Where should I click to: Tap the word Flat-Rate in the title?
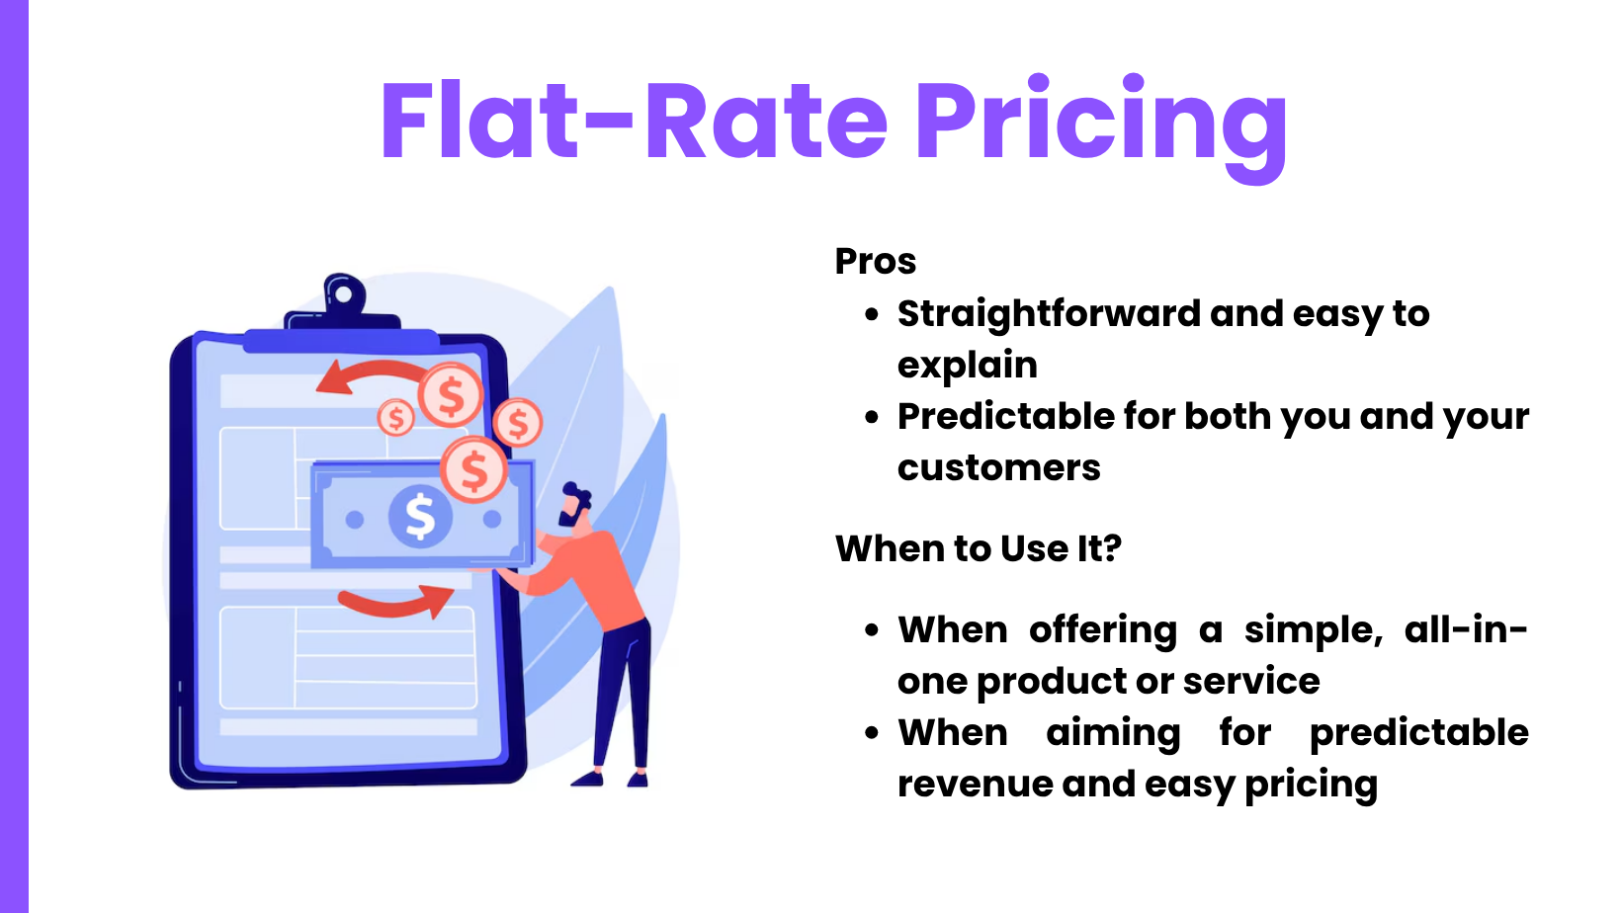pos(634,120)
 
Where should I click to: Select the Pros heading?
pos(876,261)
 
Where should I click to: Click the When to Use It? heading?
pos(979,548)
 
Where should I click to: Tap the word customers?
pos(998,468)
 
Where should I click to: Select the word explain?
pos(968,366)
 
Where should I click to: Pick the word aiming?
pos(1114,733)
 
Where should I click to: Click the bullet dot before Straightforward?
pos(872,314)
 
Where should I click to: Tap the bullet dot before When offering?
pos(872,630)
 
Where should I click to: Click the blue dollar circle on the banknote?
pos(420,517)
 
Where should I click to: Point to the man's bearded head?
pos(576,504)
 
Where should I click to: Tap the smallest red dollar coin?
pos(395,417)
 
